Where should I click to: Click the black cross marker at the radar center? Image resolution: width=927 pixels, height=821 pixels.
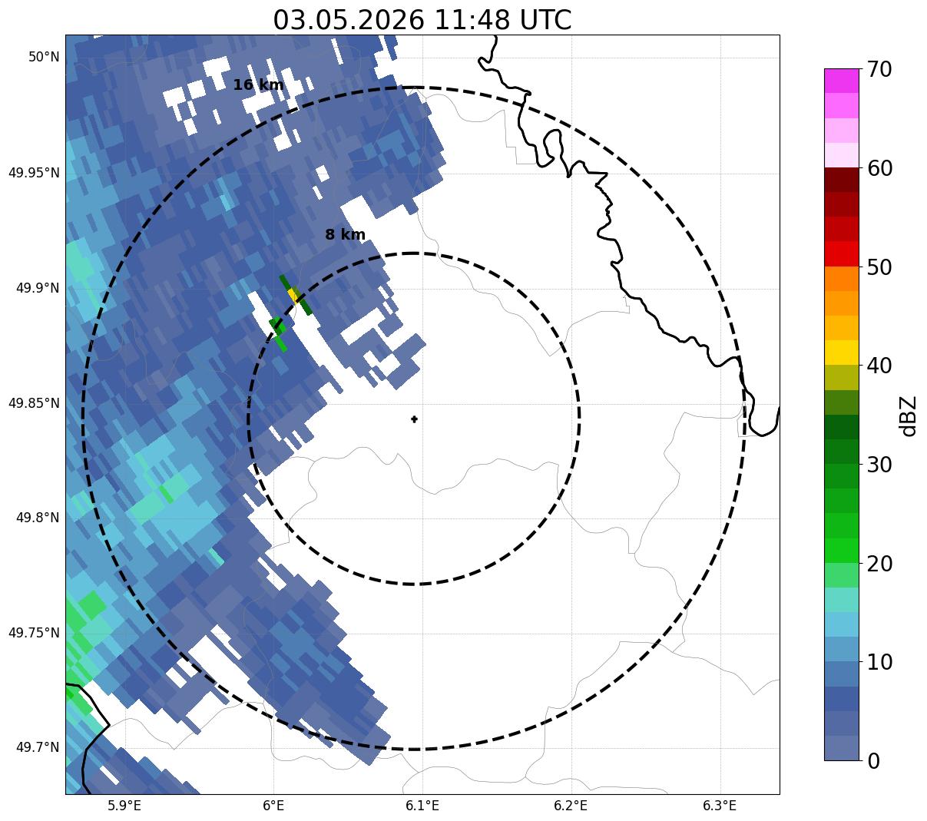tap(414, 419)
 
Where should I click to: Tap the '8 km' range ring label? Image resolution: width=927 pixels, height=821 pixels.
tap(345, 235)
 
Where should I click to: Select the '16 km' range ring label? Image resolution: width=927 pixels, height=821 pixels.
tap(258, 84)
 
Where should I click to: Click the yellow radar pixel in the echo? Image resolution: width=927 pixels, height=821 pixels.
tap(292, 293)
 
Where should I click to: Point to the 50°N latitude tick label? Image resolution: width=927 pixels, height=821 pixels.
tap(44, 57)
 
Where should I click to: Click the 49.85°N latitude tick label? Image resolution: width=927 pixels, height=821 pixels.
tap(35, 403)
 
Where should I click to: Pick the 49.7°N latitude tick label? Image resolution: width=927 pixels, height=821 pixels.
tap(38, 747)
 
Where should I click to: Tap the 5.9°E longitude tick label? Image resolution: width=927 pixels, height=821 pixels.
tap(124, 805)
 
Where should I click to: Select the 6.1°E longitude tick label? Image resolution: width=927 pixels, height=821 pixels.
tap(422, 805)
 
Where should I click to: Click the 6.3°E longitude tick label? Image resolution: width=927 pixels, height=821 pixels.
tap(720, 805)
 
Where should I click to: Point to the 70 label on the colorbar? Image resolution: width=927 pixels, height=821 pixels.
tap(879, 70)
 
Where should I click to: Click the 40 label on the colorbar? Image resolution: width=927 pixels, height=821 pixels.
tap(879, 366)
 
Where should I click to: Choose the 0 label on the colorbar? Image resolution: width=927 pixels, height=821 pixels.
tap(873, 761)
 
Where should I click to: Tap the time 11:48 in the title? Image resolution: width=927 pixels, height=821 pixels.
tap(472, 21)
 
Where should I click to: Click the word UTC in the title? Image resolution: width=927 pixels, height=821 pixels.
tap(545, 21)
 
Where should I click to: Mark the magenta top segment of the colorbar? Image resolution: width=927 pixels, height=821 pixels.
tap(842, 81)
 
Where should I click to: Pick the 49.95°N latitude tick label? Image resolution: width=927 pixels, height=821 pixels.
tap(35, 173)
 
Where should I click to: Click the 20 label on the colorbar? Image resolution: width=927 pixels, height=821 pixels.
tap(879, 564)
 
